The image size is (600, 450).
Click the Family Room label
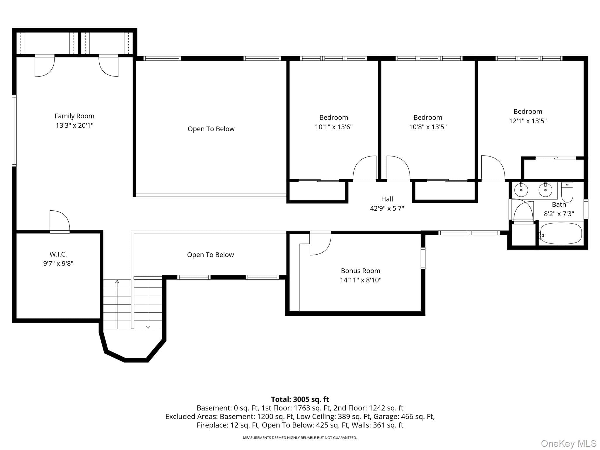[74, 116]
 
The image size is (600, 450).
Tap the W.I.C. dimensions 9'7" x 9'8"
[58, 263]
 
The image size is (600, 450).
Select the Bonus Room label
[360, 271]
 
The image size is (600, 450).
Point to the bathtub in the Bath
[561, 233]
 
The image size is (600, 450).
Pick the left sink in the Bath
[521, 190]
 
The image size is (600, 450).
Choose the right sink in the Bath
[545, 190]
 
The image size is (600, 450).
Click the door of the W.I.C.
[60, 221]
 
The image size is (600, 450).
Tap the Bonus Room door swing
[321, 243]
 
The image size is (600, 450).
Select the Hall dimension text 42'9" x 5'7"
[387, 208]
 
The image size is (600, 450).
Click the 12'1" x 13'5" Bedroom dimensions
[528, 121]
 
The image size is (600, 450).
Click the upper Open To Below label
[211, 129]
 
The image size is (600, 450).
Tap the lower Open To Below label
[210, 255]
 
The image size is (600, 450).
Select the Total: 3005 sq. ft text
[300, 399]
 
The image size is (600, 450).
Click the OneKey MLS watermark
[569, 443]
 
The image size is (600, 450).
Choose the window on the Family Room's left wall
[14, 131]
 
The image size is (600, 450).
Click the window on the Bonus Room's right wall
[423, 258]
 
